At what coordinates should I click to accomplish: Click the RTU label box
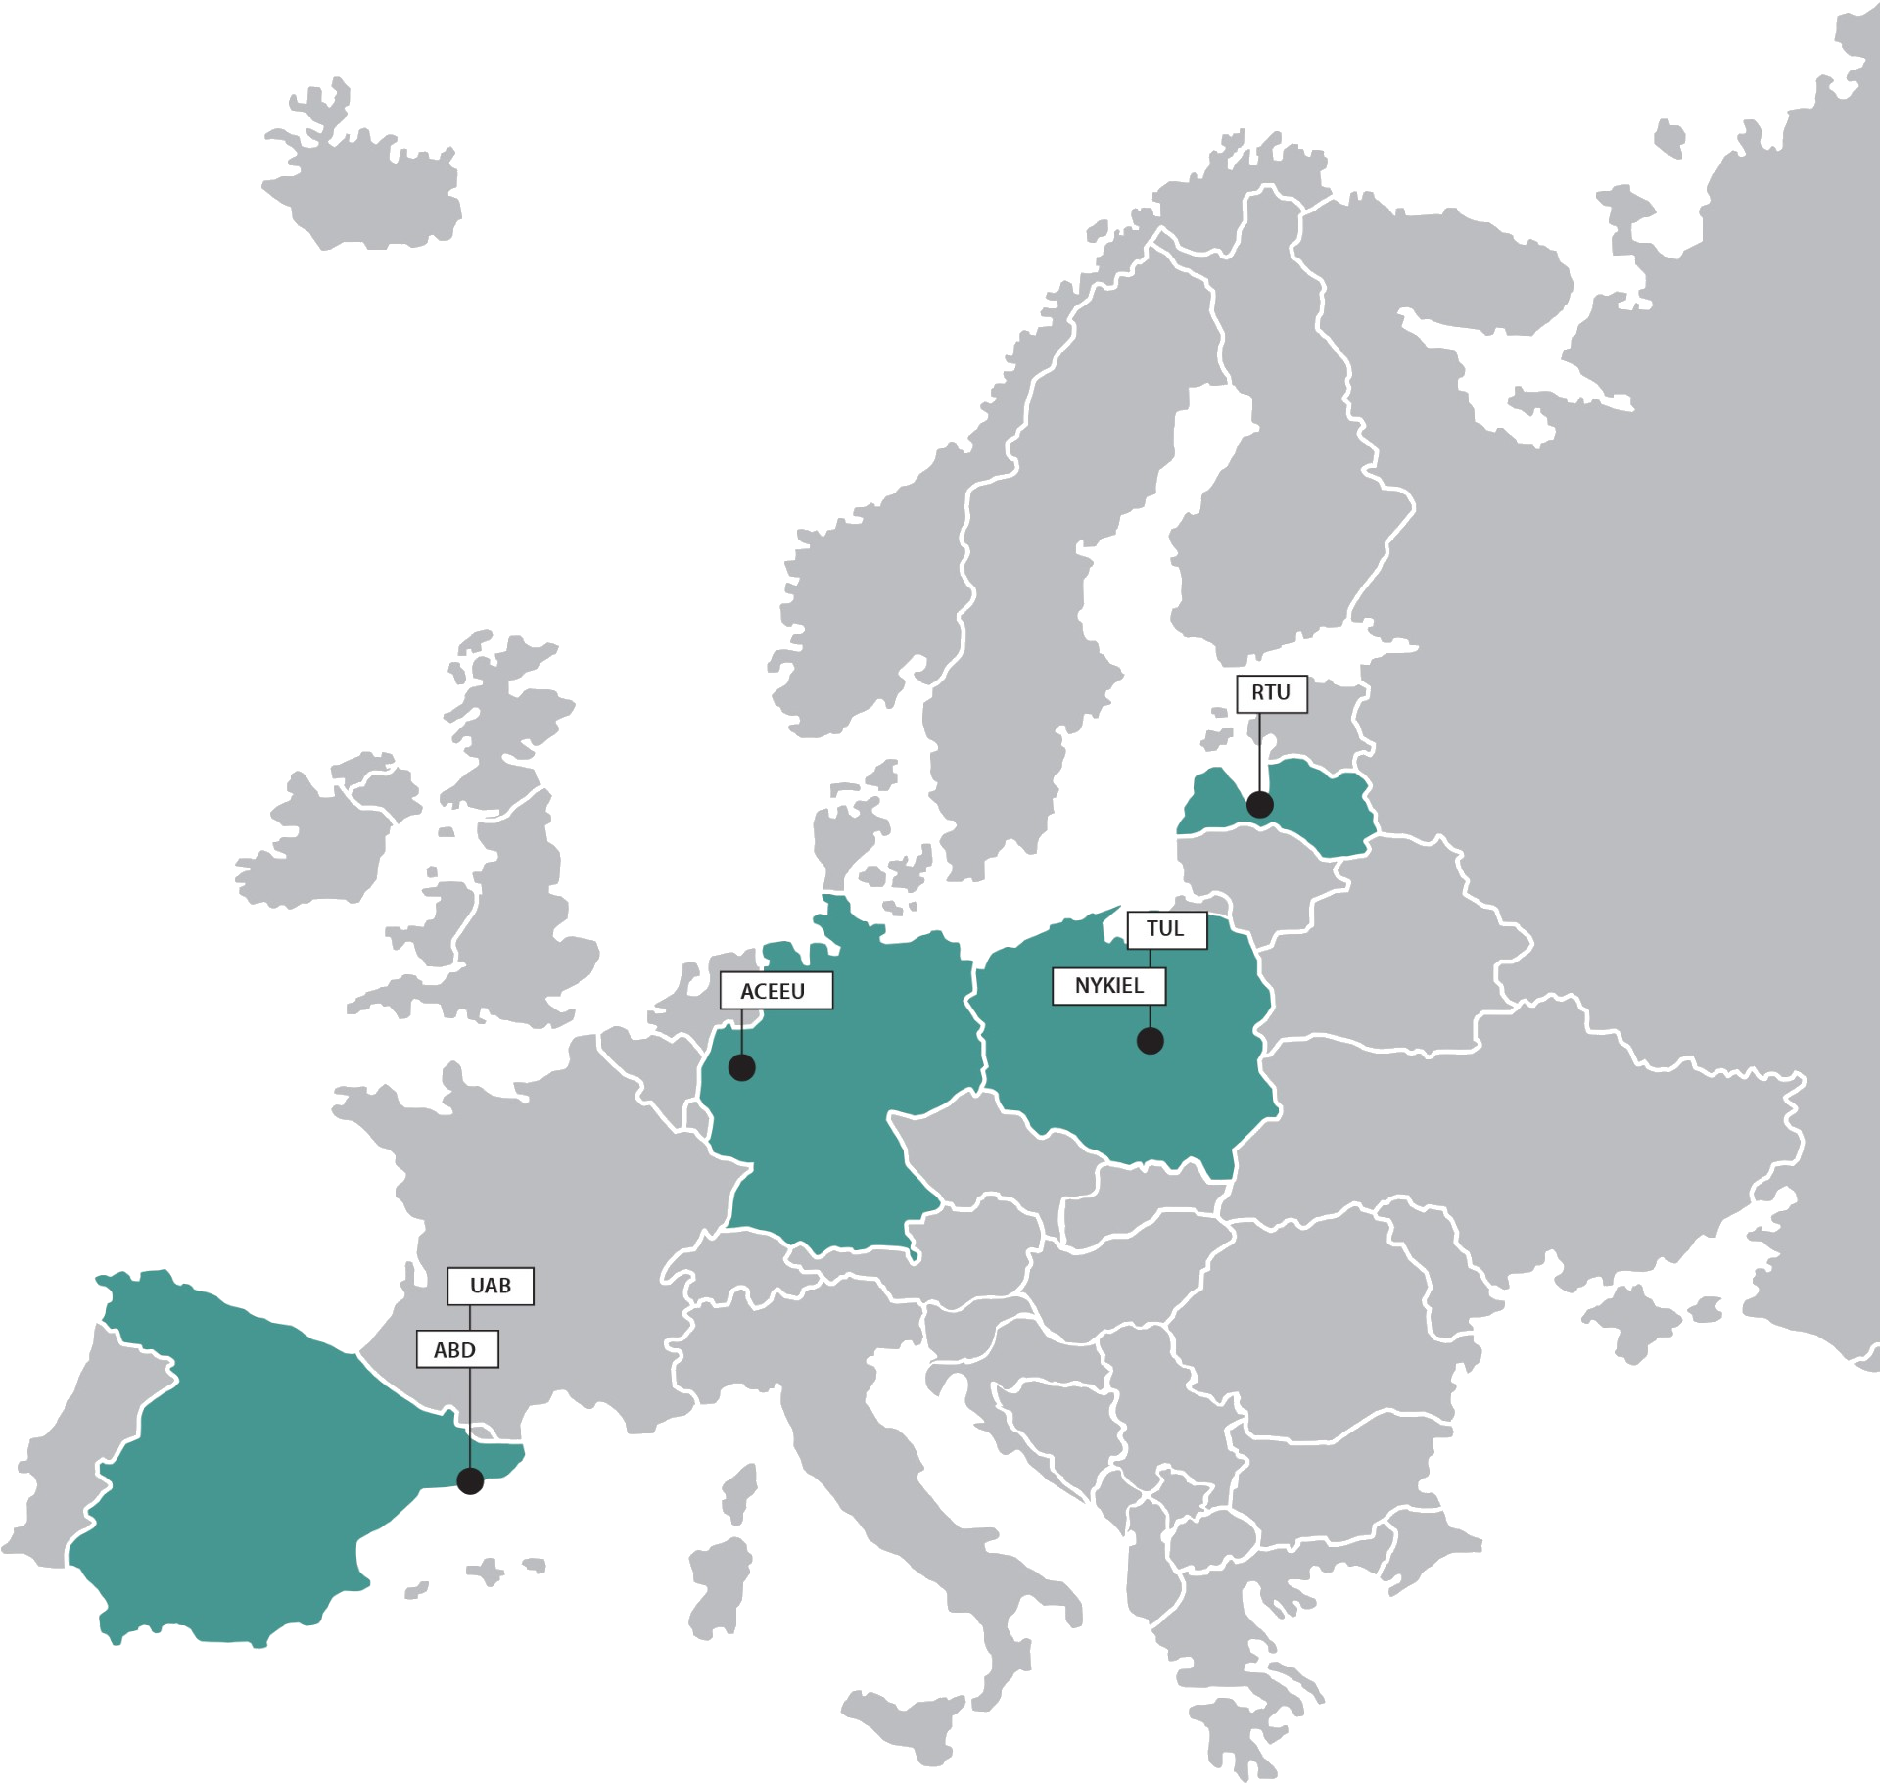[x=1271, y=693]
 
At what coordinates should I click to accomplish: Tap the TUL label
[x=1165, y=928]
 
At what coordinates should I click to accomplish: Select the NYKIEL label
[x=1108, y=986]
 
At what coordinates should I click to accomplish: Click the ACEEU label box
[x=775, y=991]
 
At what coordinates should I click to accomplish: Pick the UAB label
[x=490, y=1286]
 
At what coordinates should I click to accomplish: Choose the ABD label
[x=455, y=1350]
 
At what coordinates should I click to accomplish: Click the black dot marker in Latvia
[x=1259, y=805]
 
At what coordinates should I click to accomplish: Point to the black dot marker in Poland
[x=1150, y=1041]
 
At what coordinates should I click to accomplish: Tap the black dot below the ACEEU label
[x=741, y=1067]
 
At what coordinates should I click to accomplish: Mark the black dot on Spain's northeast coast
[x=470, y=1481]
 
